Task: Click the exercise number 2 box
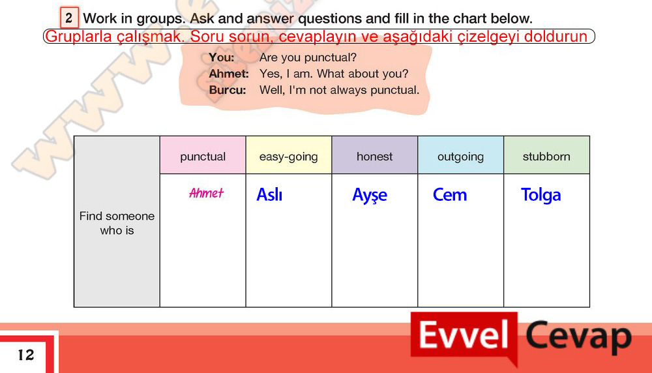pyautogui.click(x=70, y=18)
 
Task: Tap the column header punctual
pyautogui.click(x=203, y=157)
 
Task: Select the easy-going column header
pyautogui.click(x=289, y=157)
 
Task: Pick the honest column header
pyautogui.click(x=375, y=157)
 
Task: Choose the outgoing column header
pyautogui.click(x=461, y=157)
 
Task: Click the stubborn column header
pyautogui.click(x=546, y=157)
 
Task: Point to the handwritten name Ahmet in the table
pyautogui.click(x=206, y=193)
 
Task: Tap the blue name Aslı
pyautogui.click(x=269, y=194)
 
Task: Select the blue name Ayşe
pyautogui.click(x=370, y=195)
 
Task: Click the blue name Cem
pyautogui.click(x=450, y=194)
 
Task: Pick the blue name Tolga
pyautogui.click(x=541, y=195)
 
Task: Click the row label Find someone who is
pyautogui.click(x=117, y=223)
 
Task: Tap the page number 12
pyautogui.click(x=26, y=355)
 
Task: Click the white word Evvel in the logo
pyautogui.click(x=464, y=335)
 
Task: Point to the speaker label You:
pyautogui.click(x=221, y=57)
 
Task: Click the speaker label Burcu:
pyautogui.click(x=228, y=90)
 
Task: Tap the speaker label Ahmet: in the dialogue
pyautogui.click(x=229, y=74)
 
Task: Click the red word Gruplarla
pyautogui.click(x=79, y=37)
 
